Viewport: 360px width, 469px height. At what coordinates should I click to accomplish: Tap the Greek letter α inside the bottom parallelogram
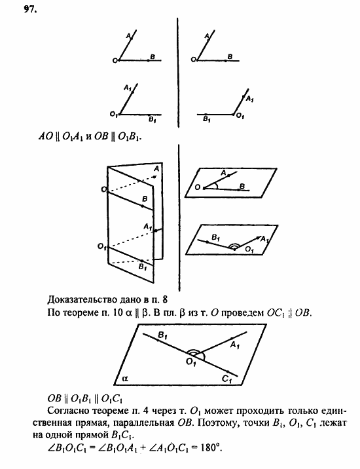125,379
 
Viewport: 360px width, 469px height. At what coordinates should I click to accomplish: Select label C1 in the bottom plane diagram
227,379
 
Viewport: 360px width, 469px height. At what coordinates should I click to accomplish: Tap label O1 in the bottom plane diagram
191,362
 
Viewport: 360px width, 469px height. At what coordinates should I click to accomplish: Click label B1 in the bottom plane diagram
162,335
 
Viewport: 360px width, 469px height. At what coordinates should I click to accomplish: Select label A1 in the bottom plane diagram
235,345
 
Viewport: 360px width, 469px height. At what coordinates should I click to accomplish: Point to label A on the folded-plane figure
156,169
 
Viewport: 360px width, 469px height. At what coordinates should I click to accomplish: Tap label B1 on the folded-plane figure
143,267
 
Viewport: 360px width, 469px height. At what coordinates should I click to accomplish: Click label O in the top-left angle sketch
115,61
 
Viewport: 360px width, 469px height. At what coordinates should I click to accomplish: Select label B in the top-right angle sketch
230,56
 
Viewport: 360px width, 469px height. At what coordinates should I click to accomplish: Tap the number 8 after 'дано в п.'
165,299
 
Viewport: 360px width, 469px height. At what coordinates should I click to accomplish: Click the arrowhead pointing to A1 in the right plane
257,238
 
